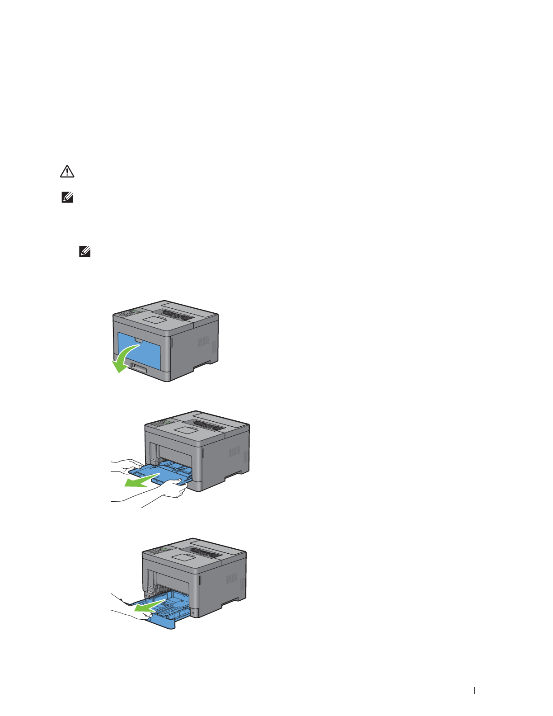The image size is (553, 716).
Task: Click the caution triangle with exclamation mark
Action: coord(67,171)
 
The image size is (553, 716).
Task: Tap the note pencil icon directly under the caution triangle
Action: coord(67,198)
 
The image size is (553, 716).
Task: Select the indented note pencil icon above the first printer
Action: coord(84,252)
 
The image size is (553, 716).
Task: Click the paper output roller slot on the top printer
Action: coord(178,315)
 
